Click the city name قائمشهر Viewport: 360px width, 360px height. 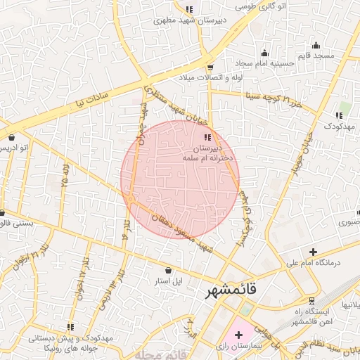pyautogui.click(x=232, y=290)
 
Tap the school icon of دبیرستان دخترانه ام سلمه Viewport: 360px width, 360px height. pyautogui.click(x=207, y=137)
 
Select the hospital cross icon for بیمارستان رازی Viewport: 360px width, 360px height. pyautogui.click(x=238, y=334)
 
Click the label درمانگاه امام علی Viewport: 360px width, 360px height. pyautogui.click(x=312, y=264)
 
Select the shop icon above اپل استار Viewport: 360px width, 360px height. pyautogui.click(x=167, y=270)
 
